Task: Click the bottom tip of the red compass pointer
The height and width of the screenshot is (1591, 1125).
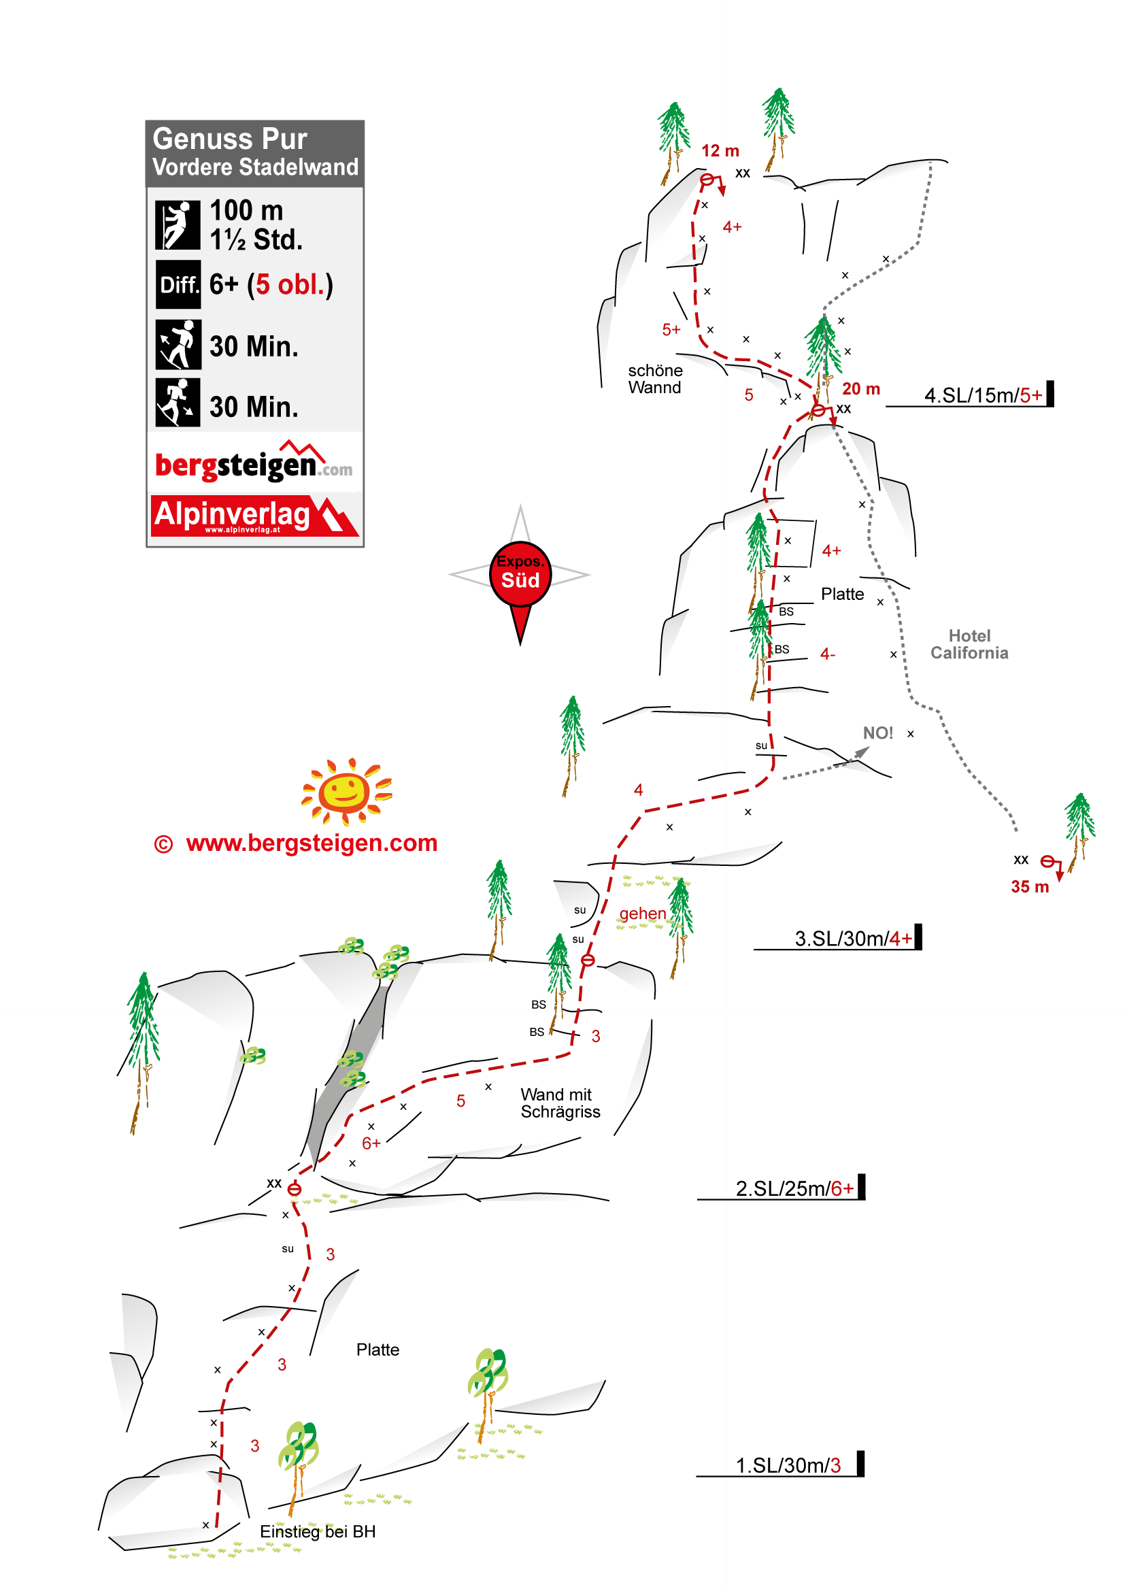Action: coord(520,645)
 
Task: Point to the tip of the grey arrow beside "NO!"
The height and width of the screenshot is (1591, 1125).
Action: coord(869,748)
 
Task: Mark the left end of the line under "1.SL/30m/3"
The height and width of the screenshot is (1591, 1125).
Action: coord(697,1477)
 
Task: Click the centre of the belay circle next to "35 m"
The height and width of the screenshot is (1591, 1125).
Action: coord(1048,861)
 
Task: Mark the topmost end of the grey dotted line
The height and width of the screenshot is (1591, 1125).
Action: coord(930,162)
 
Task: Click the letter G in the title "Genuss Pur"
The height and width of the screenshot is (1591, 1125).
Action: coord(163,139)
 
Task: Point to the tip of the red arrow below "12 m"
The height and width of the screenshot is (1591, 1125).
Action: coord(722,196)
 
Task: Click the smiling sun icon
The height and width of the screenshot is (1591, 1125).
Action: coord(347,791)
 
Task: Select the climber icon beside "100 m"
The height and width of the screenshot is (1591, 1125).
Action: coord(178,224)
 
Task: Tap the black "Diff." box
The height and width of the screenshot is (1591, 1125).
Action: coord(178,284)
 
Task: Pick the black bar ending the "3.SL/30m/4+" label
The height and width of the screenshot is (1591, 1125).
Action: coord(918,936)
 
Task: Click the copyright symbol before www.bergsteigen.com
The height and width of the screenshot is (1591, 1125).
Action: coord(163,844)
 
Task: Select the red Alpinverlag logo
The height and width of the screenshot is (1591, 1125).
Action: coord(255,516)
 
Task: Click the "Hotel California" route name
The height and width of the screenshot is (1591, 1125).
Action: coord(969,644)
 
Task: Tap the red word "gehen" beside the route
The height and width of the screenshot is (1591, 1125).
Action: coord(643,914)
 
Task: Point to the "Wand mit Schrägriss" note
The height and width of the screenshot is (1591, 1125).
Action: coord(560,1103)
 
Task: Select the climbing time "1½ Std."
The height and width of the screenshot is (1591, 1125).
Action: coord(256,239)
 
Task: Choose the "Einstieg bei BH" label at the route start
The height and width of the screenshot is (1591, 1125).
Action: coord(318,1531)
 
